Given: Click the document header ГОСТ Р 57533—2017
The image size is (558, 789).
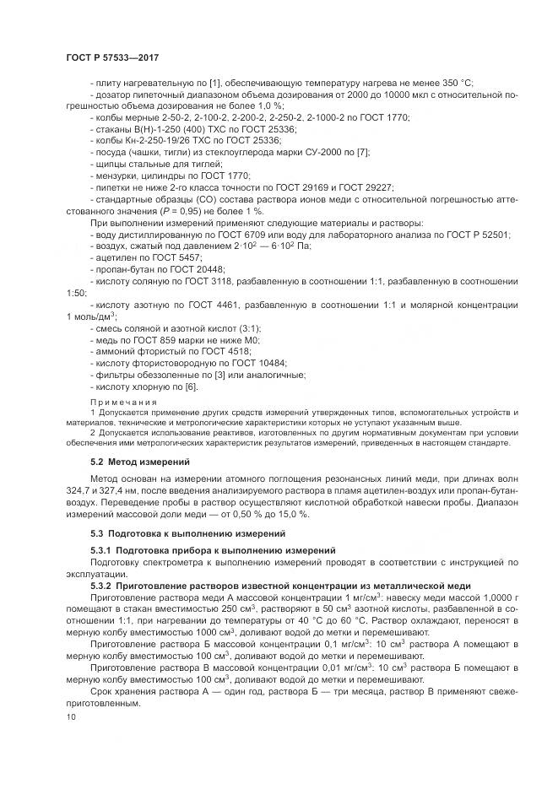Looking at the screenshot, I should pos(112,57).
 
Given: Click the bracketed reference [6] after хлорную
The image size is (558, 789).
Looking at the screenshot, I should pos(191,386).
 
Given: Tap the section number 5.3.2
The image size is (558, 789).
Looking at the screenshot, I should pos(105,586).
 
